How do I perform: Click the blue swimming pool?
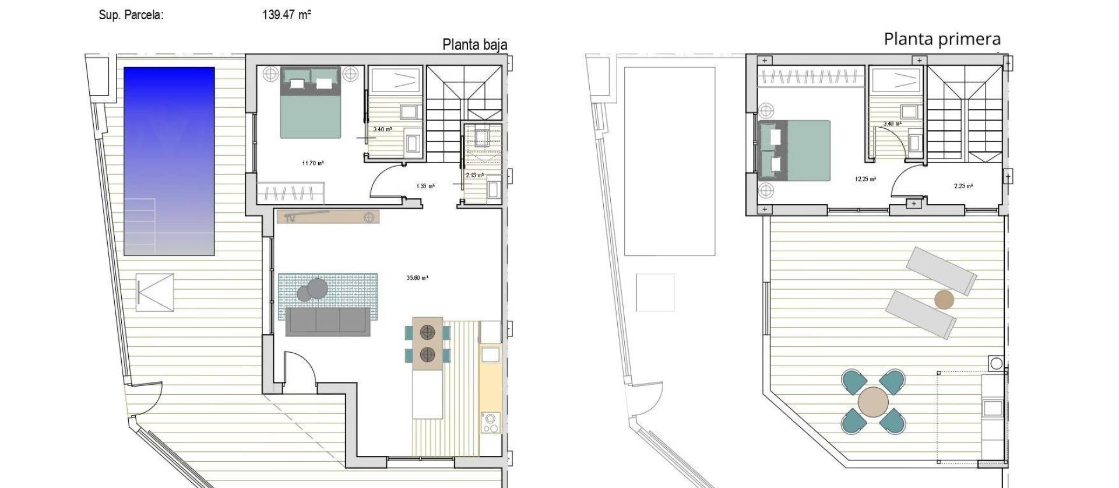pos(169,160)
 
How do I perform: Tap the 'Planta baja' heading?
pos(474,45)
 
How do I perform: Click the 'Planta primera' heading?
pos(942,39)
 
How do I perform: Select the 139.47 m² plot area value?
pos(286,15)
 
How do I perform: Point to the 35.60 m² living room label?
pos(417,278)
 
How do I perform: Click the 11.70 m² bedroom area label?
pos(313,163)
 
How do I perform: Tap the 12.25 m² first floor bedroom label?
pos(865,180)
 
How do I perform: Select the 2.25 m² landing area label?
pos(963,187)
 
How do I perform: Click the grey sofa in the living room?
pos(328,322)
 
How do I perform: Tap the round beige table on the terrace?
pos(873,402)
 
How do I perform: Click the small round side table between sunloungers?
pos(944,300)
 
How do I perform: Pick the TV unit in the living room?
pos(328,217)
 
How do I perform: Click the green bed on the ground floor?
pos(310,104)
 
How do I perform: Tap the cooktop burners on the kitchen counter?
pos(490,423)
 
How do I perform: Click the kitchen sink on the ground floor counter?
pos(490,355)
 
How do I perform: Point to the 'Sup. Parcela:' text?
pos(131,16)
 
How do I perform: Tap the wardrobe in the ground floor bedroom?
pos(290,193)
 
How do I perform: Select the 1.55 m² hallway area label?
pos(425,187)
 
